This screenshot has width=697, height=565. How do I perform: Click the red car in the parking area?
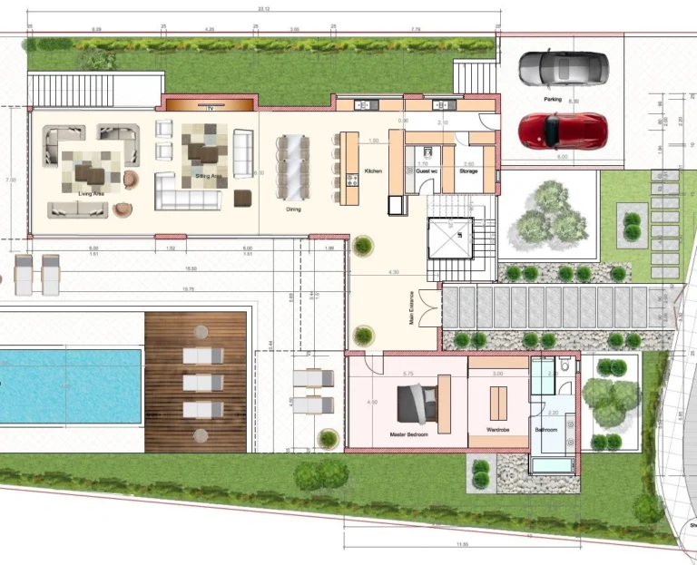pyautogui.click(x=562, y=131)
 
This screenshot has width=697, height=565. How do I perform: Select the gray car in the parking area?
pyautogui.click(x=563, y=68)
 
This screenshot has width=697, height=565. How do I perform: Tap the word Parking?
pyautogui.click(x=552, y=100)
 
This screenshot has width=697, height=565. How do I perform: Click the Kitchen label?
pyautogui.click(x=373, y=170)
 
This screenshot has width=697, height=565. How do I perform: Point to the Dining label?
pyautogui.click(x=293, y=209)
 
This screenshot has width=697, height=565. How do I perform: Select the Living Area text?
pyautogui.click(x=92, y=192)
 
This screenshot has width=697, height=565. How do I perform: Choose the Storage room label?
pyautogui.click(x=468, y=170)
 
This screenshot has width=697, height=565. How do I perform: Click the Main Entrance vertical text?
pyautogui.click(x=411, y=314)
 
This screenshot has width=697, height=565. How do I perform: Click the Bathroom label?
pyautogui.click(x=546, y=430)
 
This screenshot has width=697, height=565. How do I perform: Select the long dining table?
pyautogui.click(x=294, y=168)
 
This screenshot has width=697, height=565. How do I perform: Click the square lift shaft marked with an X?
pyautogui.click(x=451, y=241)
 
